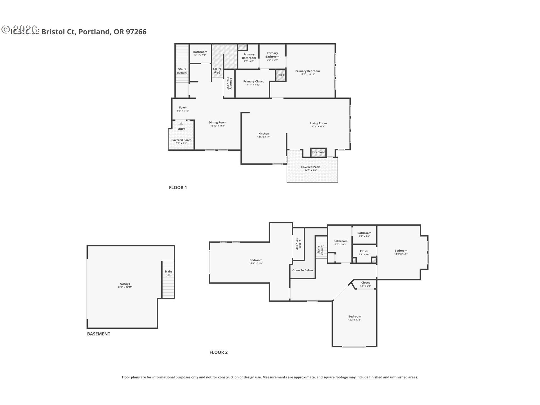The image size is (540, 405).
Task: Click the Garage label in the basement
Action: (x=125, y=284)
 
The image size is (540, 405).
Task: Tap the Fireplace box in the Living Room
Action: (x=318, y=152)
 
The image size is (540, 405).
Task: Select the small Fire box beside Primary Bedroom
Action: (x=281, y=75)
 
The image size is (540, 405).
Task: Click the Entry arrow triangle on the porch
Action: (x=181, y=124)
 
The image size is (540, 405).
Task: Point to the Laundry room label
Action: (x=230, y=84)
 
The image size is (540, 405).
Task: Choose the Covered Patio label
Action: (x=310, y=167)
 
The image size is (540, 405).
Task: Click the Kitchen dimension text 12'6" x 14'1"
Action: (x=264, y=137)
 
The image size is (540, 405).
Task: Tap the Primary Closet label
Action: (x=253, y=82)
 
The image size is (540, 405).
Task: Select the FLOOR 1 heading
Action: (x=178, y=188)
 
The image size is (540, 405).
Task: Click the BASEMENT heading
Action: (x=98, y=334)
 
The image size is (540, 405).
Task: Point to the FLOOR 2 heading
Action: (x=219, y=352)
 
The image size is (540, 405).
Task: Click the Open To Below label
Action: (x=302, y=270)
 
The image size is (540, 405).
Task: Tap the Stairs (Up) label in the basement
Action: (x=168, y=273)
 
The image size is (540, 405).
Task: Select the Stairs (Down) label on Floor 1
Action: (x=182, y=71)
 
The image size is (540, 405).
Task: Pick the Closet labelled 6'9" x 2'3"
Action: (x=365, y=284)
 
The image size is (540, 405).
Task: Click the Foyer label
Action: (x=183, y=108)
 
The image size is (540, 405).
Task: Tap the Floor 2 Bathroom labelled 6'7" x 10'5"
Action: (x=340, y=242)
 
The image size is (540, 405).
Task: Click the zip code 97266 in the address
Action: (x=136, y=32)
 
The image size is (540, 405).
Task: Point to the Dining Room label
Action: (x=217, y=123)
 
